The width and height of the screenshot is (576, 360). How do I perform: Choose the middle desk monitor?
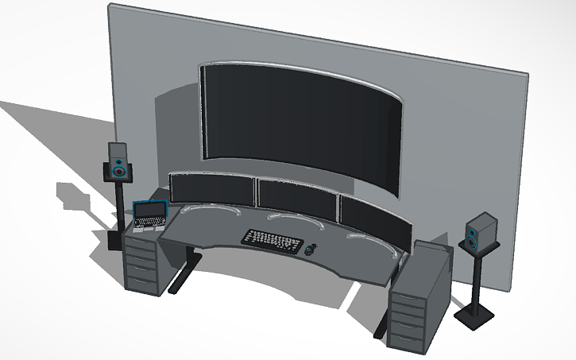coord(295,198)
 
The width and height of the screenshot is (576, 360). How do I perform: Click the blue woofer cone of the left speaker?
coord(119,170)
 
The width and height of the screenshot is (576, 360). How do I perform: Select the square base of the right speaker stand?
coord(476,315)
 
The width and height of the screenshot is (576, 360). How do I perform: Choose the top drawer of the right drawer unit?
coord(406,299)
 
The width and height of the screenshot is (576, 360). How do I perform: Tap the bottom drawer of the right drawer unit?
coord(406,336)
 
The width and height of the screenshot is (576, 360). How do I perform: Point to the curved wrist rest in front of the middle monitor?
coord(284,217)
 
